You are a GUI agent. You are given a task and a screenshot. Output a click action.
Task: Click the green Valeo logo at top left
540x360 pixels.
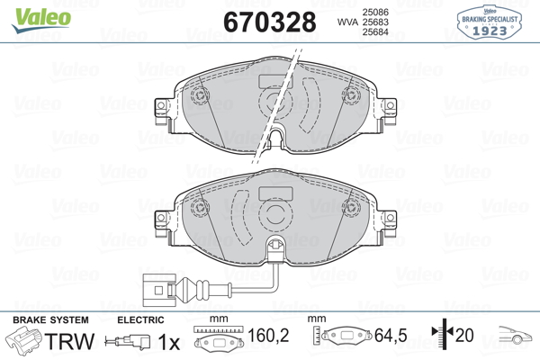[41, 20]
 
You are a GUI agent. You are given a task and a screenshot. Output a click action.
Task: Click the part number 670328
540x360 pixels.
[270, 22]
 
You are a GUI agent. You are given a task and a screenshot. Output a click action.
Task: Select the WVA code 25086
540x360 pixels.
[375, 12]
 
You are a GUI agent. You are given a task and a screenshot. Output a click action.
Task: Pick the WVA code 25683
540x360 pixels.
[375, 22]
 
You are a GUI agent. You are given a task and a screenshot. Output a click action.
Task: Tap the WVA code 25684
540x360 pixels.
[375, 32]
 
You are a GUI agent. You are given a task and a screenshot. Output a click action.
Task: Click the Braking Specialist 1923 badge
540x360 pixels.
[490, 22]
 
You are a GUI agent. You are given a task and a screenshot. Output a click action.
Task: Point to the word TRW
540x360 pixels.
[69, 341]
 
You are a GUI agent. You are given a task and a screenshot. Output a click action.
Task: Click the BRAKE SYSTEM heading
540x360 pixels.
[50, 320]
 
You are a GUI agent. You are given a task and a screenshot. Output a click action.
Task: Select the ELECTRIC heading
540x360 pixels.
[140, 320]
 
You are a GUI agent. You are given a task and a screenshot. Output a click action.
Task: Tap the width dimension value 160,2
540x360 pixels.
[268, 335]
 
